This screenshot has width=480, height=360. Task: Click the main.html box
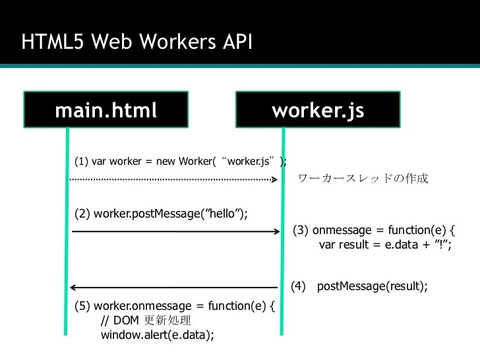pyautogui.click(x=106, y=109)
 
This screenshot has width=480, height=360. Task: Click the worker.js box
pyautogui.click(x=318, y=109)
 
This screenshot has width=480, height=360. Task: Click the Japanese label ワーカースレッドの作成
pyautogui.click(x=363, y=179)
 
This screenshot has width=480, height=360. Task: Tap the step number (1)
pyautogui.click(x=81, y=162)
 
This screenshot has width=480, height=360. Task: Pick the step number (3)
pyautogui.click(x=300, y=231)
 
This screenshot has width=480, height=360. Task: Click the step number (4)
pyautogui.click(x=299, y=286)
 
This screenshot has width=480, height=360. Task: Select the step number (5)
pyautogui.click(x=82, y=307)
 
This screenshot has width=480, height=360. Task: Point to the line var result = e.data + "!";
pyautogui.click(x=385, y=245)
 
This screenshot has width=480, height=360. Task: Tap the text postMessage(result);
pyautogui.click(x=373, y=286)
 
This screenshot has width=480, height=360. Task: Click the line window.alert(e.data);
pyautogui.click(x=158, y=335)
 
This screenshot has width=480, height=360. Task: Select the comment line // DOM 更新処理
pyautogui.click(x=146, y=321)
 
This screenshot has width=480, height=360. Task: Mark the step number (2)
pyautogui.click(x=82, y=213)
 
